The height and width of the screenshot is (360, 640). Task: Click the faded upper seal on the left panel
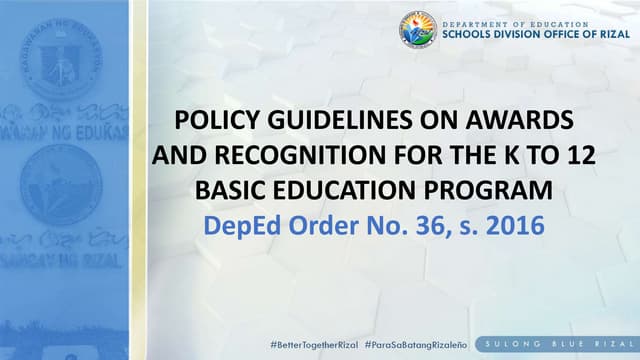[x=61, y=61]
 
